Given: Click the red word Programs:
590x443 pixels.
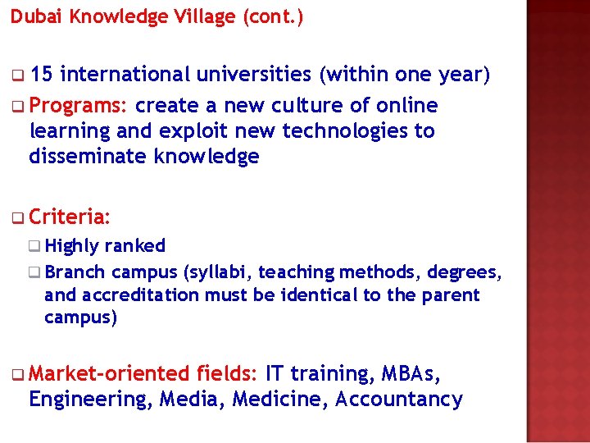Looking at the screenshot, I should click(79, 106).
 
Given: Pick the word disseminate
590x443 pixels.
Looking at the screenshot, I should click(88, 157).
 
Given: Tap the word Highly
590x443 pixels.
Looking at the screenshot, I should click(72, 246).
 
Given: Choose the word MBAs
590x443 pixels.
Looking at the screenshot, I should click(411, 374).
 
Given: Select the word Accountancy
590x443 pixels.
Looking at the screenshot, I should click(399, 400).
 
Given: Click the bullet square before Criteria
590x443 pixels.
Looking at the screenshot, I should click(19, 218).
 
